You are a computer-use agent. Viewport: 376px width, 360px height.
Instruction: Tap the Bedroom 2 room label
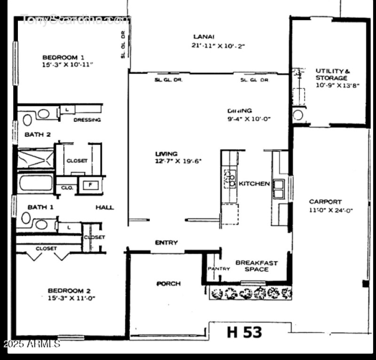click(x=66, y=291)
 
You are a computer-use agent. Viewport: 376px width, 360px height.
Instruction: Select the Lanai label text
click(x=204, y=37)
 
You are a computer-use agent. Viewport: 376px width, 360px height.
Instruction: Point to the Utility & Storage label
click(x=332, y=74)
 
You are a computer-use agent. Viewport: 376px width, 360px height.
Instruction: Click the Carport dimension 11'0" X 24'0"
click(x=331, y=210)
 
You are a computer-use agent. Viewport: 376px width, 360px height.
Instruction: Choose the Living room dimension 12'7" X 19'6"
click(x=178, y=161)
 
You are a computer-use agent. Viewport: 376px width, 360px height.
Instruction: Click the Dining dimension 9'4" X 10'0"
click(x=249, y=119)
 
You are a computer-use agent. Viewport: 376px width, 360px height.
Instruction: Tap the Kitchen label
click(x=254, y=183)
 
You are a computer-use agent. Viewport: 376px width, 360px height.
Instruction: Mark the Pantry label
click(x=219, y=269)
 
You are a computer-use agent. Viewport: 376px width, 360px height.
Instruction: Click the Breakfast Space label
click(x=256, y=266)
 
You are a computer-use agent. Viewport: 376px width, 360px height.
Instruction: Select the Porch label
click(x=168, y=284)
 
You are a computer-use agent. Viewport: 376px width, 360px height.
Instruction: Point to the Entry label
click(x=166, y=243)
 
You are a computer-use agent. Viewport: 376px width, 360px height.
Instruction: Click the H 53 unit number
click(x=244, y=332)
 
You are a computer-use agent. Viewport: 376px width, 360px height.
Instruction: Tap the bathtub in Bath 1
click(x=36, y=182)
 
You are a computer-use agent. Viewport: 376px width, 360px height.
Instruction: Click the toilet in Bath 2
click(x=27, y=120)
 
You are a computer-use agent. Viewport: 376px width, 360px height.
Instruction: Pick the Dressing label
click(x=87, y=120)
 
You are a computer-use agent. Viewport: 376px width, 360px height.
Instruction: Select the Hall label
click(x=105, y=207)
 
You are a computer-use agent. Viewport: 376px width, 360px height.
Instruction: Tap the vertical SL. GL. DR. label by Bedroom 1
click(x=123, y=45)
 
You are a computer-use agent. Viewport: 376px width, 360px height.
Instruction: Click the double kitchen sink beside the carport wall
click(x=279, y=188)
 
